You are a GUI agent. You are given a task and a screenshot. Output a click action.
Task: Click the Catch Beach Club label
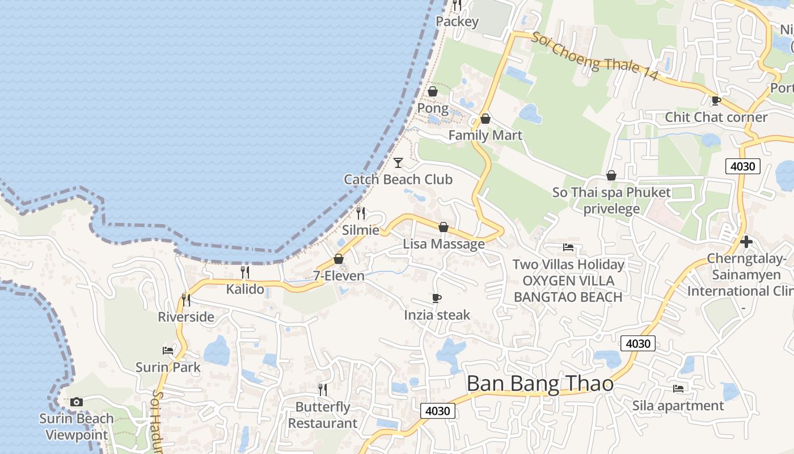pyautogui.click(x=398, y=180)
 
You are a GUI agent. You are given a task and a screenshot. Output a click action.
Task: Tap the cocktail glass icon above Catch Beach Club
pyautogui.click(x=398, y=163)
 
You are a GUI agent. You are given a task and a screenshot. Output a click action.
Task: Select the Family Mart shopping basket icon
pyautogui.click(x=485, y=119)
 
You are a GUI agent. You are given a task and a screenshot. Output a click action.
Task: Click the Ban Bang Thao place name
pyautogui.click(x=539, y=384)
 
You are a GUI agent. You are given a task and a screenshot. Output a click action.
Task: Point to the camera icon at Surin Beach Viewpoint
pyautogui.click(x=77, y=402)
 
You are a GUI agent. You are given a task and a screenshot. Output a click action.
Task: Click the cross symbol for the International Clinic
pyautogui.click(x=746, y=242)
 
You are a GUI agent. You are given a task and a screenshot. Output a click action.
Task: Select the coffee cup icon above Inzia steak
pyautogui.click(x=436, y=298)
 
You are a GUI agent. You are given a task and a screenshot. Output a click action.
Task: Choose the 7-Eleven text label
pyautogui.click(x=339, y=276)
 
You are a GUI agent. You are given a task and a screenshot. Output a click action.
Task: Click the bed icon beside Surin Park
pyautogui.click(x=168, y=350)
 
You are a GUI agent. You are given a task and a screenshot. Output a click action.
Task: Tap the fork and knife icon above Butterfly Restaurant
pyautogui.click(x=323, y=389)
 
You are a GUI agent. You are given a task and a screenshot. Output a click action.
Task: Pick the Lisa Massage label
pyautogui.click(x=444, y=244)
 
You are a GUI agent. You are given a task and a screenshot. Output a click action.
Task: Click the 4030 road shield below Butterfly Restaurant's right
pyautogui.click(x=438, y=411)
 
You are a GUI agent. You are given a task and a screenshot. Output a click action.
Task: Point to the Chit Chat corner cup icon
pyautogui.click(x=716, y=100)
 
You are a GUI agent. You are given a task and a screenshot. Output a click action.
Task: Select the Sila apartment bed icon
pyautogui.click(x=678, y=389)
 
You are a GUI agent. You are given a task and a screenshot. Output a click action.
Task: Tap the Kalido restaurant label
pyautogui.click(x=245, y=289)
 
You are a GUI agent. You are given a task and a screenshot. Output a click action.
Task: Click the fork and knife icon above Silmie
pyautogui.click(x=361, y=213)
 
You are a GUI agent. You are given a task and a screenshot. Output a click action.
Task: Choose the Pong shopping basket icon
pyautogui.click(x=433, y=91)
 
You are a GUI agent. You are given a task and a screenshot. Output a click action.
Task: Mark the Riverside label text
pyautogui.click(x=186, y=317)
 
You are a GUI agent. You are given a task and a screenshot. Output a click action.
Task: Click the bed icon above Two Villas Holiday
pyautogui.click(x=568, y=247)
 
